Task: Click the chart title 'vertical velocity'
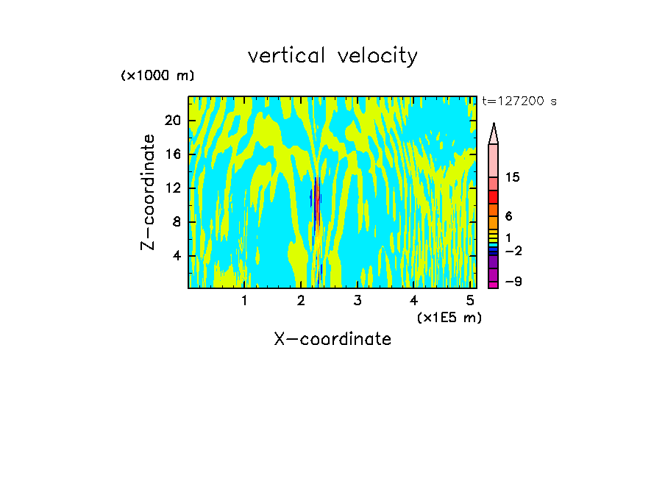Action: click(332, 56)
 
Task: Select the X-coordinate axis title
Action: click(332, 339)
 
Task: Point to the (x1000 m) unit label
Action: click(157, 76)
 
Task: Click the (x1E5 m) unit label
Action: click(446, 318)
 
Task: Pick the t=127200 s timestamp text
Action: click(519, 101)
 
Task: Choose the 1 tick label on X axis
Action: click(244, 301)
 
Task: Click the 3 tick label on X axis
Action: click(357, 301)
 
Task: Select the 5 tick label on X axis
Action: click(470, 301)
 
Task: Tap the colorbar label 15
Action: click(513, 178)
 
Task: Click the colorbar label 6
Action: click(508, 217)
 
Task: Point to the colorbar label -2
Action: click(513, 251)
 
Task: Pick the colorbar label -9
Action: click(513, 282)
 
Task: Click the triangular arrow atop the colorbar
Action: click(494, 133)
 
